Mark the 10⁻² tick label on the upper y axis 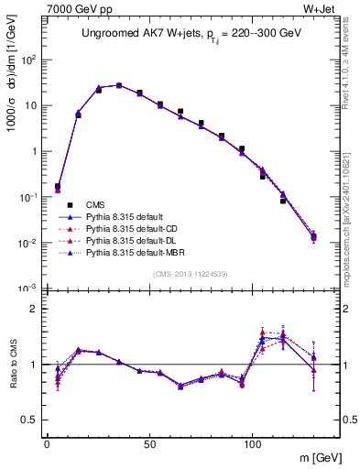(27, 243)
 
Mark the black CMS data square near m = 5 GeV (57, 186)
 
